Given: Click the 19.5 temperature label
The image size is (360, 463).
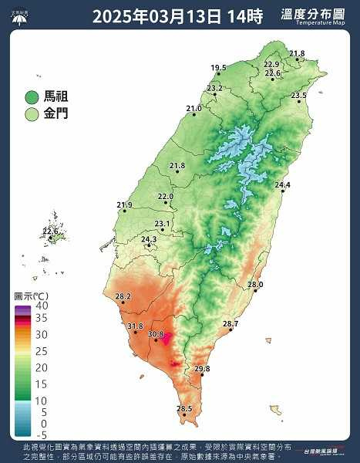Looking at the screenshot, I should (x=219, y=68).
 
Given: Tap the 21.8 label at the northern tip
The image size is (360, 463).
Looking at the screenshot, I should (x=297, y=53).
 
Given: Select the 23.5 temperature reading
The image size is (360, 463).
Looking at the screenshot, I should (x=299, y=95).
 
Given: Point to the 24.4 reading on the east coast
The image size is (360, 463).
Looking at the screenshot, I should (x=283, y=184).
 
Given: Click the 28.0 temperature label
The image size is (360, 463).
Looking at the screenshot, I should (x=255, y=285).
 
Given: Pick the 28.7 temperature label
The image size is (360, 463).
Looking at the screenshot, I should (x=230, y=323).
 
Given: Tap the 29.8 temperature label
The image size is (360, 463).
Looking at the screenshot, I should (x=202, y=369).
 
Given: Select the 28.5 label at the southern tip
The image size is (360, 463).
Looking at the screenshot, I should (x=184, y=408).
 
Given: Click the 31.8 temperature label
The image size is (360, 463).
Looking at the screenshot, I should (x=136, y=326).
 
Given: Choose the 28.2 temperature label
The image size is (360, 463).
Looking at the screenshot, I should (x=123, y=296).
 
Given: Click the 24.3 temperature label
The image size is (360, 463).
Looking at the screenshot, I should (x=149, y=239).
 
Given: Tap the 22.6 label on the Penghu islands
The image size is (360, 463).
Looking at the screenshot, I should (x=51, y=231).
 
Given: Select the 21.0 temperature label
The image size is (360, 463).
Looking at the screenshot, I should (x=193, y=109).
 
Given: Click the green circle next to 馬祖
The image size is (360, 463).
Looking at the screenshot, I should (x=32, y=97).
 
